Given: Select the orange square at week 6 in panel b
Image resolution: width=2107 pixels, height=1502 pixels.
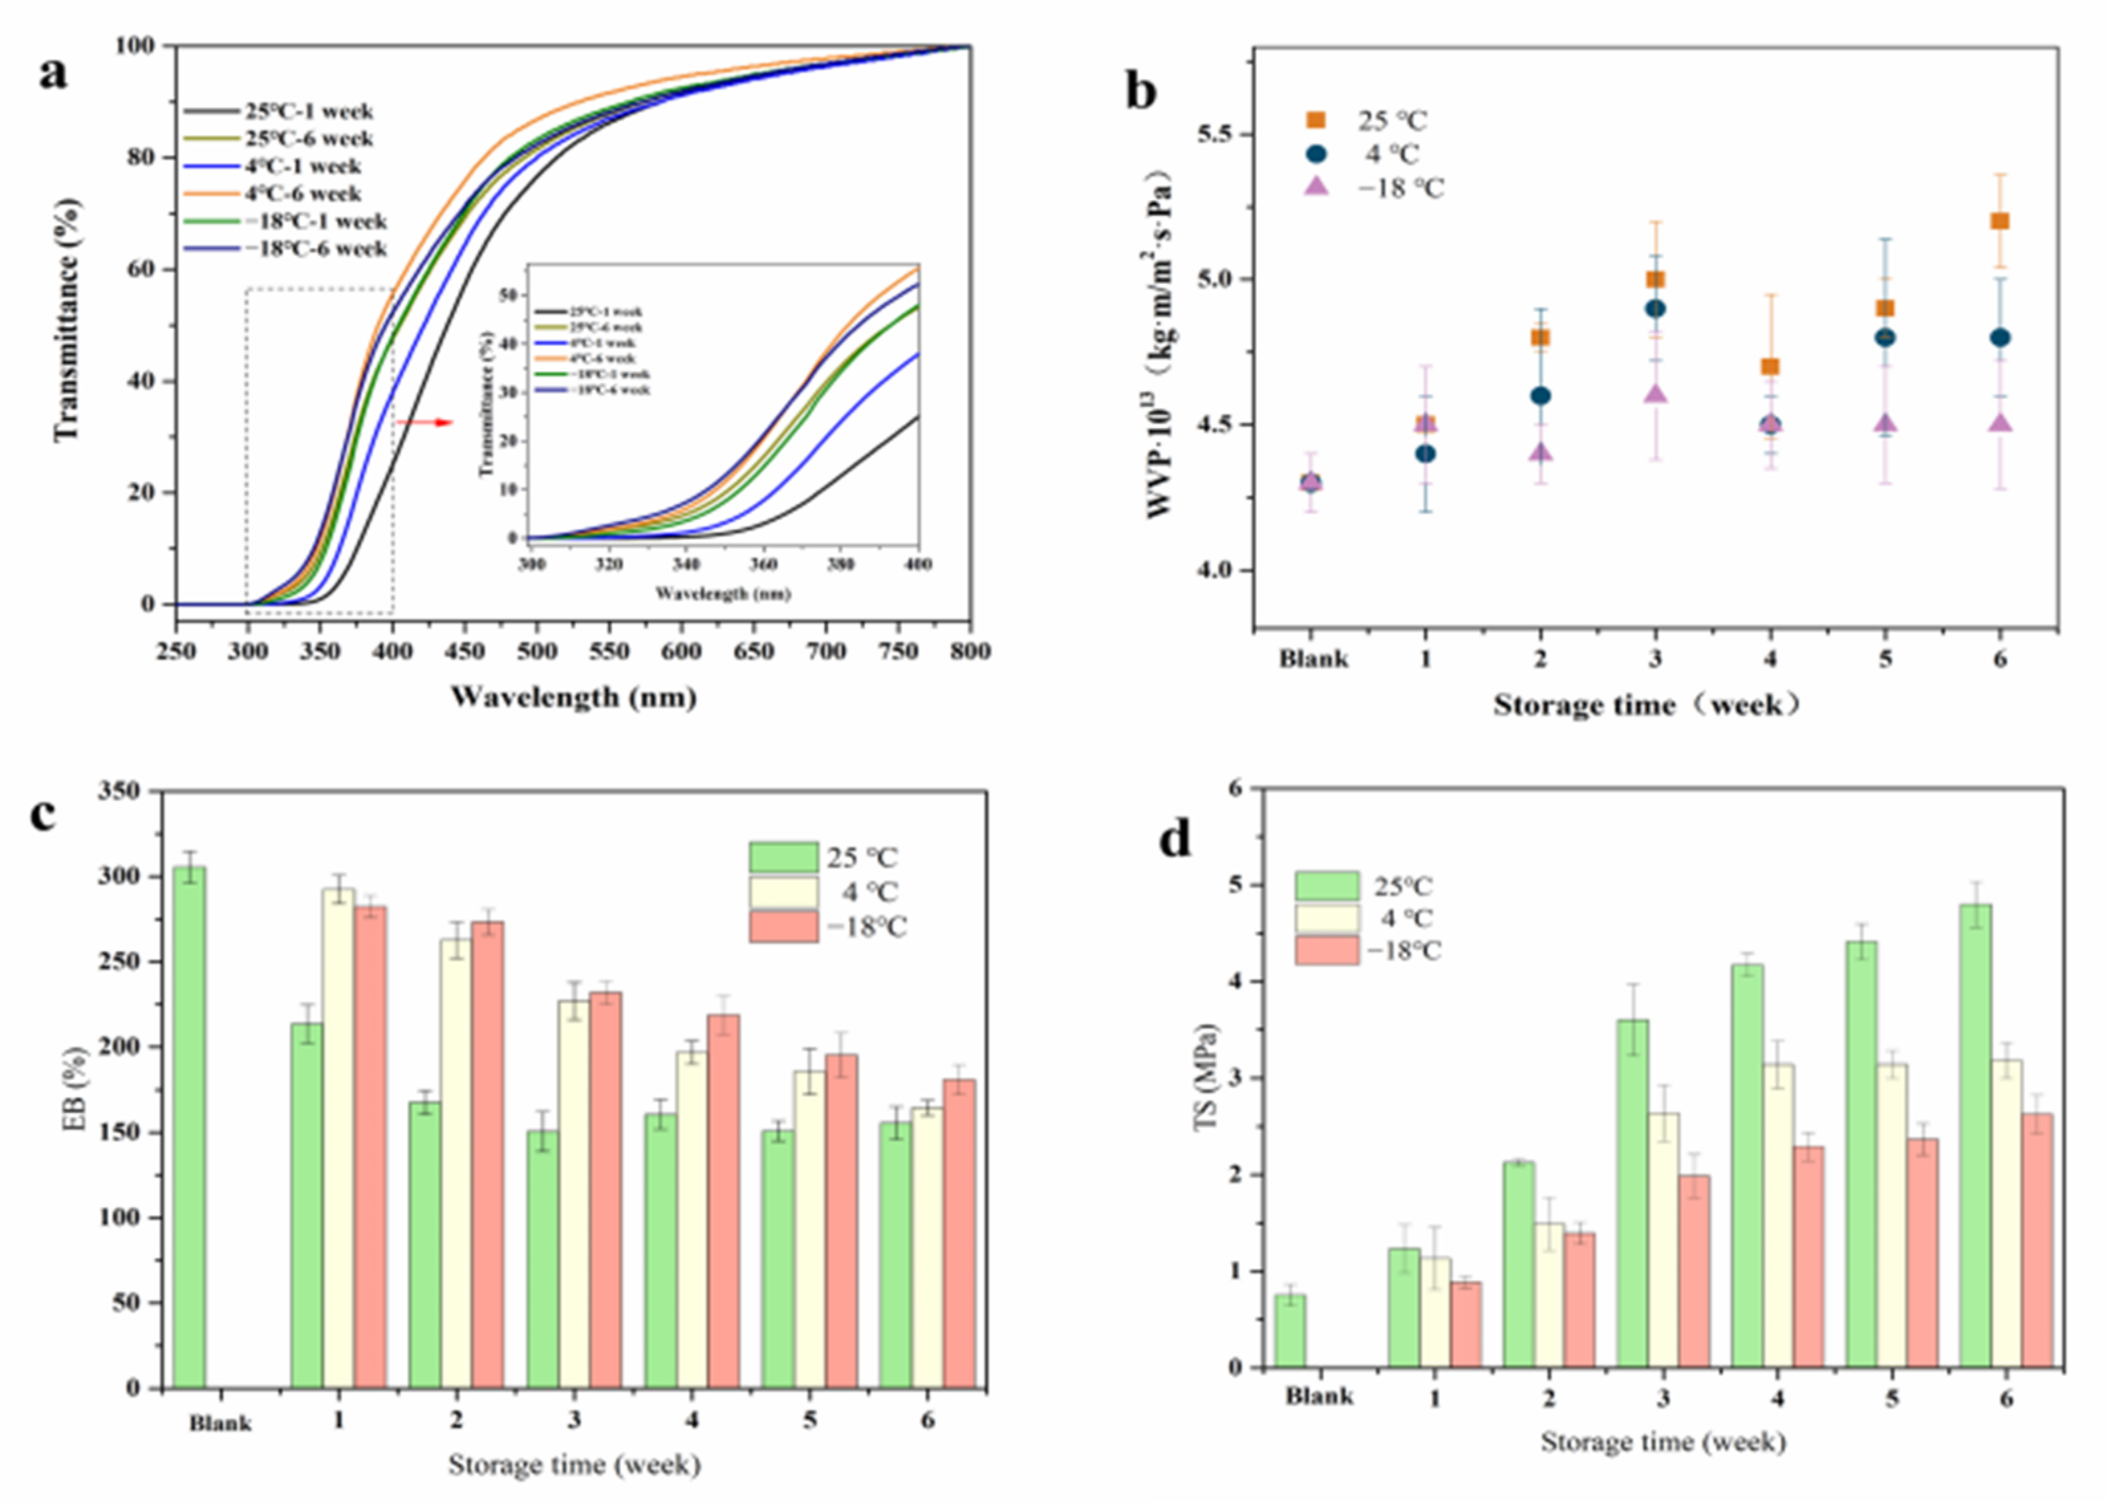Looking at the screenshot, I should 2000,221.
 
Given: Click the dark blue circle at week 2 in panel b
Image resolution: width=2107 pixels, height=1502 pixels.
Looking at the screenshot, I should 1540,396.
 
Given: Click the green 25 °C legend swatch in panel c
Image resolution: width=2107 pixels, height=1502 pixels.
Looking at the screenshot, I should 782,857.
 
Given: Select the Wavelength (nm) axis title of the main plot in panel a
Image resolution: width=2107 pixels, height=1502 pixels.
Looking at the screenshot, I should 573,697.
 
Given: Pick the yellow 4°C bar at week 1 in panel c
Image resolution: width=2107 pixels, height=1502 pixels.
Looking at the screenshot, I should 338,1138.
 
